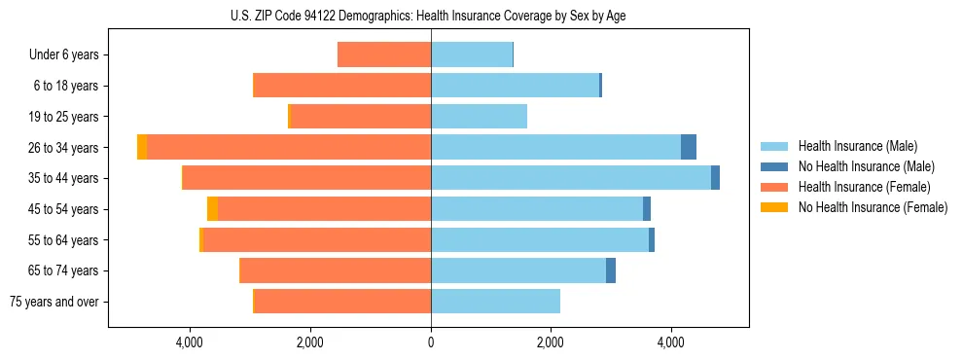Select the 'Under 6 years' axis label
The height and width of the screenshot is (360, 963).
tap(64, 54)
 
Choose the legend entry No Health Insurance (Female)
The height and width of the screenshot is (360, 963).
tap(873, 207)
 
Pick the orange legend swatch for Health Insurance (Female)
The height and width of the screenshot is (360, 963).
tap(775, 187)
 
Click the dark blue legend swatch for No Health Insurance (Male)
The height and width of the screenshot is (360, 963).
tap(775, 166)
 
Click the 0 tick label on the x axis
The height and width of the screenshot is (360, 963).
tap(431, 342)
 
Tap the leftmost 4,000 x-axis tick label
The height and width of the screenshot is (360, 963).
tap(190, 342)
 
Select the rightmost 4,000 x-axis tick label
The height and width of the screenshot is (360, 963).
tap(671, 342)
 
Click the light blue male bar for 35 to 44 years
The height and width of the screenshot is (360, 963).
tap(571, 178)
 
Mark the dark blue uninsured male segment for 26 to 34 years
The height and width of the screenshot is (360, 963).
tap(689, 147)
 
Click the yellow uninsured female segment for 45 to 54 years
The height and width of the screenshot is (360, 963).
tap(212, 209)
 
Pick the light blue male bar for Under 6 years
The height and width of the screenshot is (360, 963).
tap(472, 54)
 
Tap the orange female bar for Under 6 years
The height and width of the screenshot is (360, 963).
tap(384, 54)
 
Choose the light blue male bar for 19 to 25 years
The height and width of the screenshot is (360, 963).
tap(479, 117)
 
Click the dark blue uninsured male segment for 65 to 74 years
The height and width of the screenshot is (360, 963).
tap(611, 270)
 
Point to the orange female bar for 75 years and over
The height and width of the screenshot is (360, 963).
tap(342, 302)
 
